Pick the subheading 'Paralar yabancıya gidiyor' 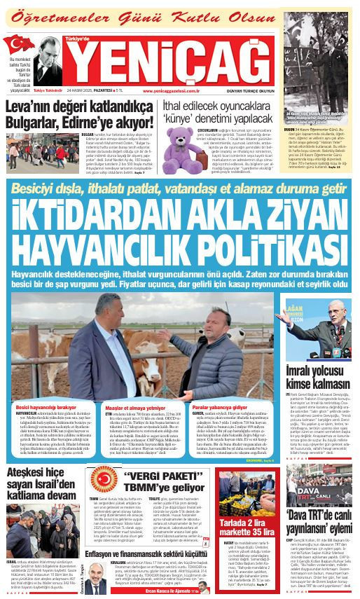[x=225, y=407]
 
